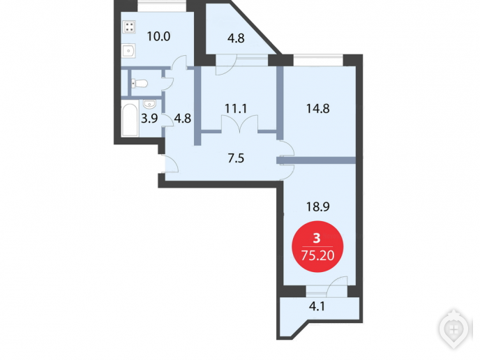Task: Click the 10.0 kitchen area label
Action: [x=158, y=36]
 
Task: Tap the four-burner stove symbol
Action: [x=129, y=27]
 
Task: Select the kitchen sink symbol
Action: [x=129, y=50]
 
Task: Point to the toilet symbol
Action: [x=140, y=83]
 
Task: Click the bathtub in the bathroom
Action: [x=130, y=120]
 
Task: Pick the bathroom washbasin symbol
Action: [x=150, y=105]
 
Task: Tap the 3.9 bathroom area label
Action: [x=149, y=118]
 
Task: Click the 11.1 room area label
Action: [x=236, y=108]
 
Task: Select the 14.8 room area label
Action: [x=317, y=108]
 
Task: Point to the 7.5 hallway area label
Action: [x=236, y=158]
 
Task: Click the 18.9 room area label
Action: [x=317, y=207]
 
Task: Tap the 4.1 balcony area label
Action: [x=317, y=306]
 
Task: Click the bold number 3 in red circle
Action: [x=317, y=238]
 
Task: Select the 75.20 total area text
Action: [x=317, y=255]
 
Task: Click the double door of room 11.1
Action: [x=240, y=123]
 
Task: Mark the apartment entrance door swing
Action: [x=172, y=164]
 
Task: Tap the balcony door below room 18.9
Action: [x=337, y=287]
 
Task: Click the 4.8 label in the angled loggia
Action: [x=236, y=38]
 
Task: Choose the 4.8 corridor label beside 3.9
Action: [x=183, y=118]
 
